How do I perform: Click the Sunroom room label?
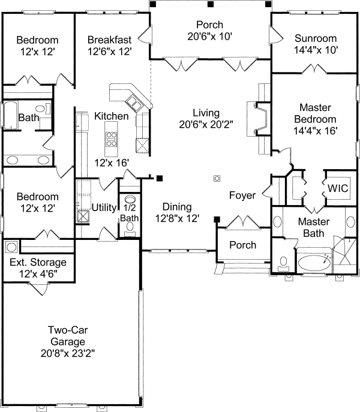[x=316, y=38]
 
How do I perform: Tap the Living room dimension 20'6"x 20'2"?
[x=206, y=124]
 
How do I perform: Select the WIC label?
[x=338, y=188]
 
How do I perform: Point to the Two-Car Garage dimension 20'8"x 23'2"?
[x=68, y=353]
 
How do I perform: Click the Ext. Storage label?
[x=38, y=262]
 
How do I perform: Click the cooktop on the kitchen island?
[x=111, y=139]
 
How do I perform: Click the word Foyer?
[x=242, y=196]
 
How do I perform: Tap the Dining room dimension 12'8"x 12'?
[x=177, y=218]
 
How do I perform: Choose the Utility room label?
[x=104, y=207]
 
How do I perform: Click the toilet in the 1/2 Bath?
[x=130, y=228]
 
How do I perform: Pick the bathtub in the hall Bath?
[x=11, y=115]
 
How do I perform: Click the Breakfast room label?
[x=109, y=40]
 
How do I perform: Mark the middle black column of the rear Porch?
[x=210, y=4]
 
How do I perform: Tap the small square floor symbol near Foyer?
[x=217, y=179]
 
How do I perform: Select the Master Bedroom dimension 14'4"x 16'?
[x=315, y=131]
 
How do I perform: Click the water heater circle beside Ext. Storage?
[x=11, y=247]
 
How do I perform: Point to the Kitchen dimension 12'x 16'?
[x=112, y=163]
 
